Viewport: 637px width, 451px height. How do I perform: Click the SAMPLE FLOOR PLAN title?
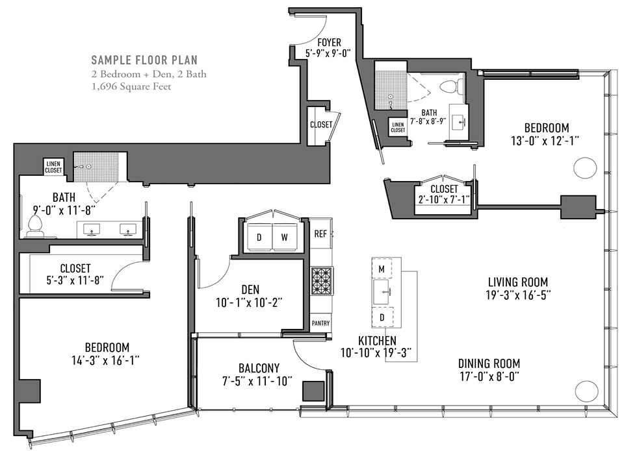144,60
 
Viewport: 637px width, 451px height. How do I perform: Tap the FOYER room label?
329,42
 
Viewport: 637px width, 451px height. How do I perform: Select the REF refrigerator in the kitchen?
320,234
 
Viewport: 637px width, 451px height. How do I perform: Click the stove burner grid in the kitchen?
322,280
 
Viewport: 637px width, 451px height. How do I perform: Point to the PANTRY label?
320,323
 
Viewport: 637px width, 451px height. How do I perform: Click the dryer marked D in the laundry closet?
259,238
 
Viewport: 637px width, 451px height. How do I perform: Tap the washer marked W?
285,238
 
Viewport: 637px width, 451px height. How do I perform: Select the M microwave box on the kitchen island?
382,268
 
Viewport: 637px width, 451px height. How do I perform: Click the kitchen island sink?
382,292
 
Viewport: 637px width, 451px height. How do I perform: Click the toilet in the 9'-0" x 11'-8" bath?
34,226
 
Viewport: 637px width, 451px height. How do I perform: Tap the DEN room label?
250,289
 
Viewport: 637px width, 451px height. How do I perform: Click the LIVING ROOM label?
518,282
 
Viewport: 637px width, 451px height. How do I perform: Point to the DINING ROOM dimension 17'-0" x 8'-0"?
489,377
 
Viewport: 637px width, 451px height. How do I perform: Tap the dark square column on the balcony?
313,391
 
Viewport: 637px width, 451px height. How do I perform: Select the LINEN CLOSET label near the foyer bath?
398,127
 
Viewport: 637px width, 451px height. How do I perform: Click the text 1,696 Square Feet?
131,87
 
